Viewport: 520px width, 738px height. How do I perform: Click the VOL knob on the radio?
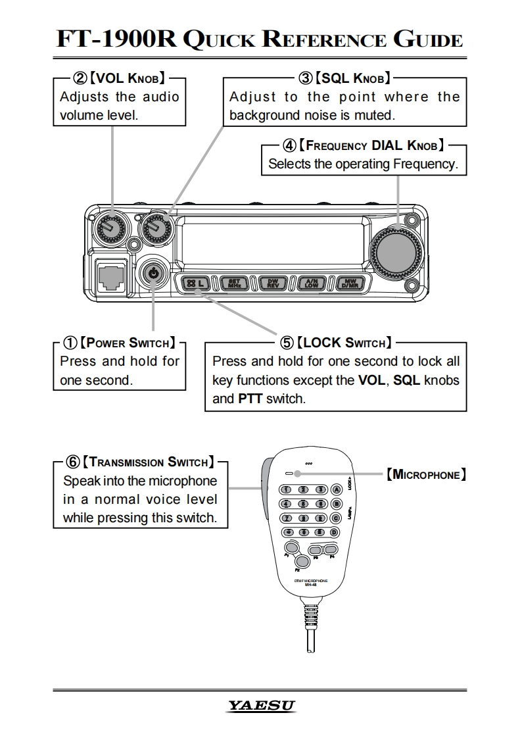tap(110, 228)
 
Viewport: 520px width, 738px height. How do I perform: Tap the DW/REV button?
tap(273, 283)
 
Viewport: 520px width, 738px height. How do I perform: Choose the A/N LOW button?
tap(312, 283)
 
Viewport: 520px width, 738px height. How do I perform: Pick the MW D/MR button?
tap(350, 283)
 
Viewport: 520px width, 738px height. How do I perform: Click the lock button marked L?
tap(195, 283)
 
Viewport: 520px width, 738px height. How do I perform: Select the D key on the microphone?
tap(335, 532)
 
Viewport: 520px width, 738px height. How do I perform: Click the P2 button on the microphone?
tap(302, 561)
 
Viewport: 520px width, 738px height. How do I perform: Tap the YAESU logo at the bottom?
tap(260, 706)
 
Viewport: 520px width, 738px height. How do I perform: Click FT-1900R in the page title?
tap(116, 40)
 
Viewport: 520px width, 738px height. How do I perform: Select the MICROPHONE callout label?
tap(427, 474)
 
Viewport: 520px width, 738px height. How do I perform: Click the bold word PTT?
tap(250, 399)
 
